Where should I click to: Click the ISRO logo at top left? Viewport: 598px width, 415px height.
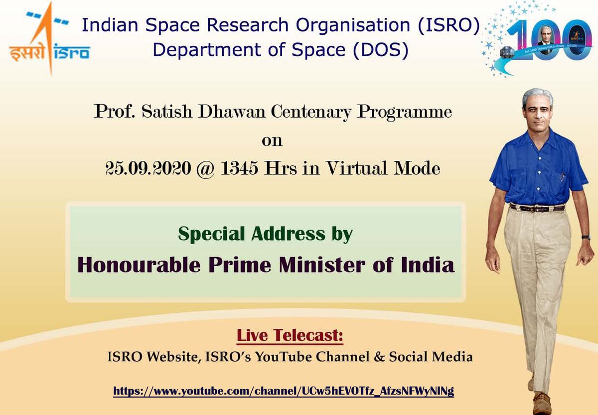coord(49,40)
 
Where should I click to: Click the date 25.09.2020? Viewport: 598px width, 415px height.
coord(149,169)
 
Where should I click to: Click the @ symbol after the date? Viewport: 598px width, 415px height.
coord(203,169)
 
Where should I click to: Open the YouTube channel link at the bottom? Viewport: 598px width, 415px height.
coord(284,391)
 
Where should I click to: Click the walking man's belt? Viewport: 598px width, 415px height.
coord(537,207)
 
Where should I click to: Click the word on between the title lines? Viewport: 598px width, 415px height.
coord(272,140)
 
